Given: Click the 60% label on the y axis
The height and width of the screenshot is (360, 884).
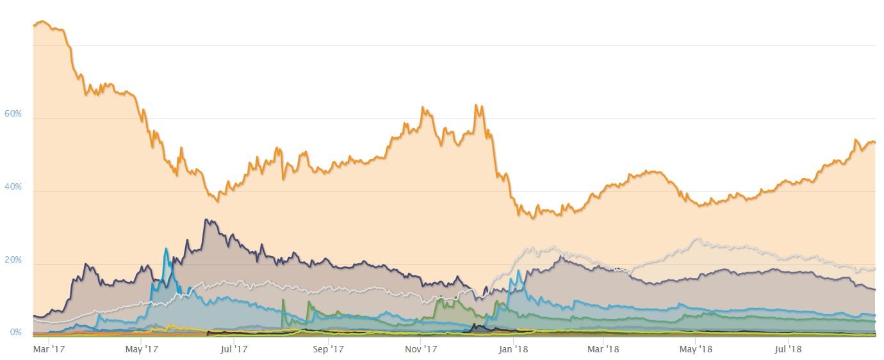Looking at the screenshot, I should click(13, 114).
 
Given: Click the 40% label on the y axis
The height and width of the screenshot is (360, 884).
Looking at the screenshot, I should click(13, 187).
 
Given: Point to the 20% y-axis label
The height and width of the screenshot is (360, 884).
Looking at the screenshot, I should click(13, 260).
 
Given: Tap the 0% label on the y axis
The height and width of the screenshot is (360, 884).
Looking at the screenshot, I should click(15, 332).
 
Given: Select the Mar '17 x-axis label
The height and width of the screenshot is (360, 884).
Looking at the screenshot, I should click(49, 349).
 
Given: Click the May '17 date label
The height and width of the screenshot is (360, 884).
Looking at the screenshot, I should click(141, 349).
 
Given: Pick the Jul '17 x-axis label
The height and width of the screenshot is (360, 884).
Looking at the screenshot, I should click(233, 349).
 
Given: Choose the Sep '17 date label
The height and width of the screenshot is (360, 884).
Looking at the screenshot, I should click(328, 349).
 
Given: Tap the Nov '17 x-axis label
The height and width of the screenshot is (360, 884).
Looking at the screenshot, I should click(421, 349).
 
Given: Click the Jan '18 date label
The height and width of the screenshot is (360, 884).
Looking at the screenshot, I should click(514, 349).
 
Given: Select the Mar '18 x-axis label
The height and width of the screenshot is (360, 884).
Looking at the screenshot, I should click(603, 349).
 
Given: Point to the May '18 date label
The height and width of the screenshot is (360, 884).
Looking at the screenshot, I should click(696, 349).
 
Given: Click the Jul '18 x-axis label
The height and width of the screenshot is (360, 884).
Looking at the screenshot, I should click(787, 349).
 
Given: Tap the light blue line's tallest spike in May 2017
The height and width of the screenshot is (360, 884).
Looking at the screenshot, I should click(166, 249).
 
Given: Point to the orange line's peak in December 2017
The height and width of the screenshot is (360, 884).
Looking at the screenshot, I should click(476, 105).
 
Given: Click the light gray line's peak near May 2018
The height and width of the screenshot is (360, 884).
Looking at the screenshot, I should click(697, 239).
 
